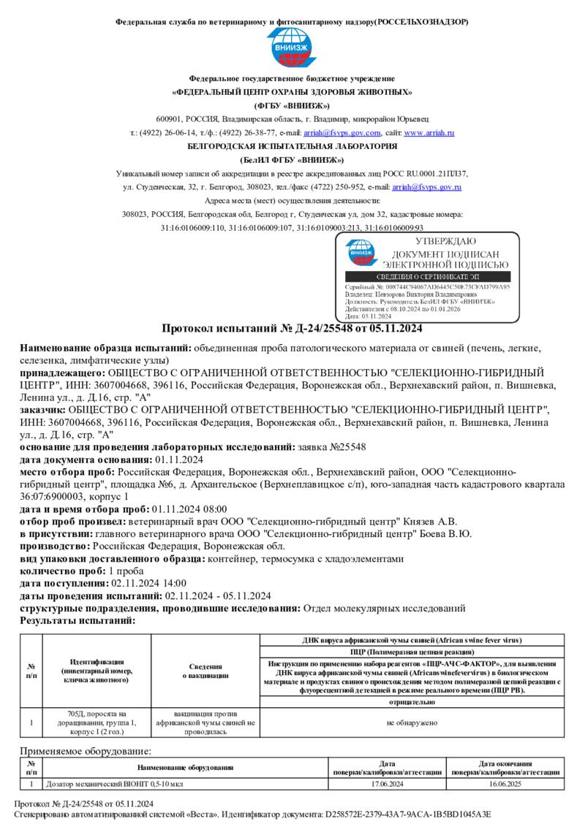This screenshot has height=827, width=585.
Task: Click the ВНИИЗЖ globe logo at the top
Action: (x=292, y=50)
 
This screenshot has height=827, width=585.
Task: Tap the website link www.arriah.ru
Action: (x=429, y=133)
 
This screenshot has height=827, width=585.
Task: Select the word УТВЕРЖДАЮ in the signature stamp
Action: (x=445, y=241)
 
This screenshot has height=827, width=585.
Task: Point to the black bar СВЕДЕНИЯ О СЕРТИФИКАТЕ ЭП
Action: (x=427, y=277)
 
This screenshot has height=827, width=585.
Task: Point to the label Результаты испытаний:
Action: (x=78, y=620)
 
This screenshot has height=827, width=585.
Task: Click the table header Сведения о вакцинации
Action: (x=205, y=671)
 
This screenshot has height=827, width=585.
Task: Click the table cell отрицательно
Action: (x=412, y=701)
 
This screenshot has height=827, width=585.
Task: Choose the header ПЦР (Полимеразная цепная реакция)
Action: (x=412, y=650)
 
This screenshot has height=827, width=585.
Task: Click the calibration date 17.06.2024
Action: (x=388, y=784)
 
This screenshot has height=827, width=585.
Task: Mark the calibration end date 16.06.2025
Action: (x=505, y=784)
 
